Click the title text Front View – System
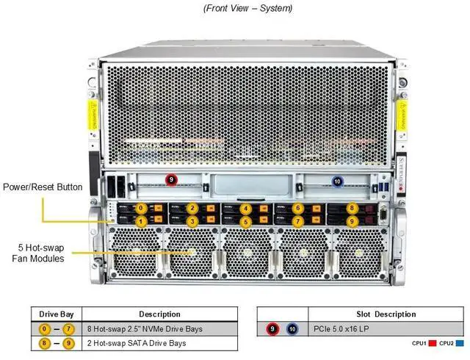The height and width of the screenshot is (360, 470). point(236,8)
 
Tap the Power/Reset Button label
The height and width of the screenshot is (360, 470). point(43,187)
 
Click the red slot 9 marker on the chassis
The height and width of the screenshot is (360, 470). point(171,179)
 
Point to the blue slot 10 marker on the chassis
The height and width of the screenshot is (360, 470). point(337,181)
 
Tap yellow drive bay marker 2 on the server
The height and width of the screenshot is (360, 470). point(192,208)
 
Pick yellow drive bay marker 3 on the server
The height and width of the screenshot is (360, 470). point(192,220)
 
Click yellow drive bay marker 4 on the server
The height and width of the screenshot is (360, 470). point(245,208)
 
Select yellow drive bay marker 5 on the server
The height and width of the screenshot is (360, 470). point(245,220)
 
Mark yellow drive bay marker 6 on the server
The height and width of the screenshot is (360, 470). point(297,208)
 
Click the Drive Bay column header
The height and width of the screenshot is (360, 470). point(56,314)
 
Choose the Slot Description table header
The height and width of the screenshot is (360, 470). point(386,314)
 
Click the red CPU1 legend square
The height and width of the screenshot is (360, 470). point(433,343)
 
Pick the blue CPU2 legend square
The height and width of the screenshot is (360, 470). point(460,343)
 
